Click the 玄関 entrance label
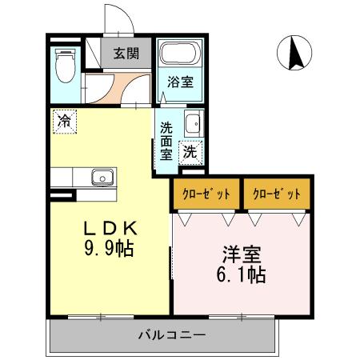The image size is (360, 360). pyautogui.click(x=125, y=54)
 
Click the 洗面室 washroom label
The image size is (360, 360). pyautogui.click(x=166, y=140)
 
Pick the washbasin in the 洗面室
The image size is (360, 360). pyautogui.click(x=192, y=124)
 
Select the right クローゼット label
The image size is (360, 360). pyautogui.click(x=276, y=194)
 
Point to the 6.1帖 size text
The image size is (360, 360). pyautogui.click(x=240, y=276)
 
